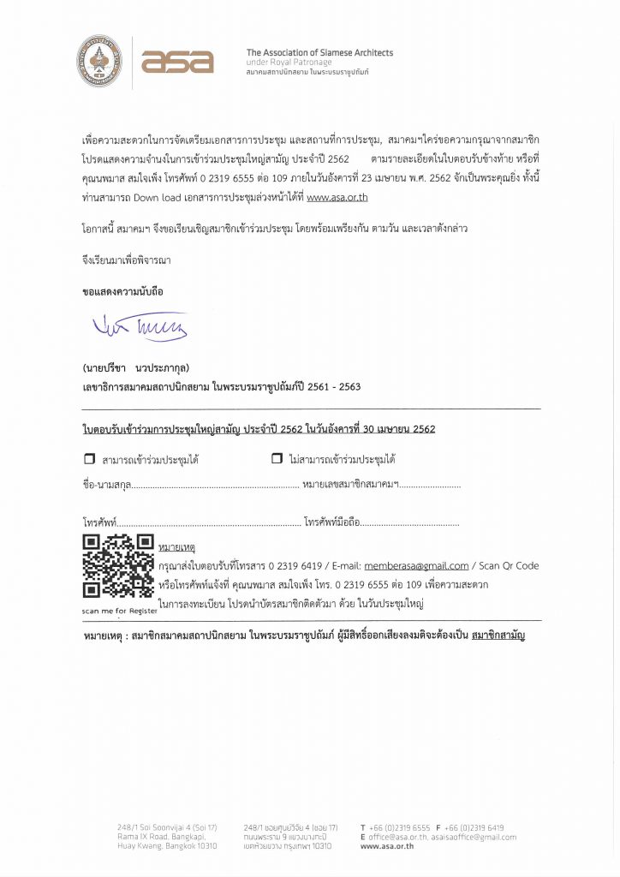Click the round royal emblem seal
tap(99, 61)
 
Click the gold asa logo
tap(177, 62)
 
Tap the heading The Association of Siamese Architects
tap(319, 52)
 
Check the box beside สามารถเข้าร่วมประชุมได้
tap(89, 459)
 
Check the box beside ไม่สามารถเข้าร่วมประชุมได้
tap(277, 459)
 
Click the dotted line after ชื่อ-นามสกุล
tap(214, 486)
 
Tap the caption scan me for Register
tap(120, 612)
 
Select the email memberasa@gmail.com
tap(416, 566)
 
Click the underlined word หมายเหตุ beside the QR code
tap(177, 546)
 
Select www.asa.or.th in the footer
tap(387, 846)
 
